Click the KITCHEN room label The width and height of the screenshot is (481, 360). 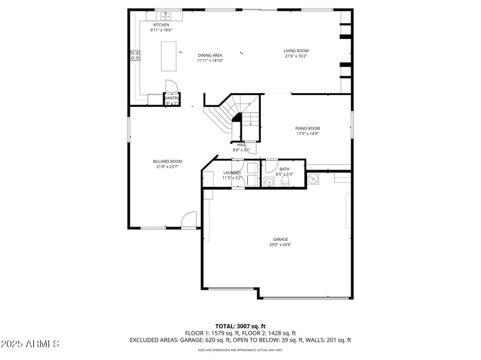161,25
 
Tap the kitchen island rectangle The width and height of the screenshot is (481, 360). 169,56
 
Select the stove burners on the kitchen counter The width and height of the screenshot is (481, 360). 135,56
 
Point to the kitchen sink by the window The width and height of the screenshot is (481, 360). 167,15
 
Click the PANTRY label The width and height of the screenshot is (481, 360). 172,98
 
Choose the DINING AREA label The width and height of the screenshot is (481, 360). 210,55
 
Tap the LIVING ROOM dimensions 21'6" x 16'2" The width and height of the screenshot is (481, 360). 296,56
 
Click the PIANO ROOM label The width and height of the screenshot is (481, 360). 307,128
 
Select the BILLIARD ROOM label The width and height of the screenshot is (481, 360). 167,161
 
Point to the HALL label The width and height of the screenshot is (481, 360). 241,145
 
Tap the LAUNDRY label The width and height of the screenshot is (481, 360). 231,172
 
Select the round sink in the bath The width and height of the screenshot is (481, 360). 269,182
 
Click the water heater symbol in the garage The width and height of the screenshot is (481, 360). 314,178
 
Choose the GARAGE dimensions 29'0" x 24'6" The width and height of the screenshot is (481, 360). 280,245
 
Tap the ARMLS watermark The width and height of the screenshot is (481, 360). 30,344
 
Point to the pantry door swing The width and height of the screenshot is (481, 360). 170,87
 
